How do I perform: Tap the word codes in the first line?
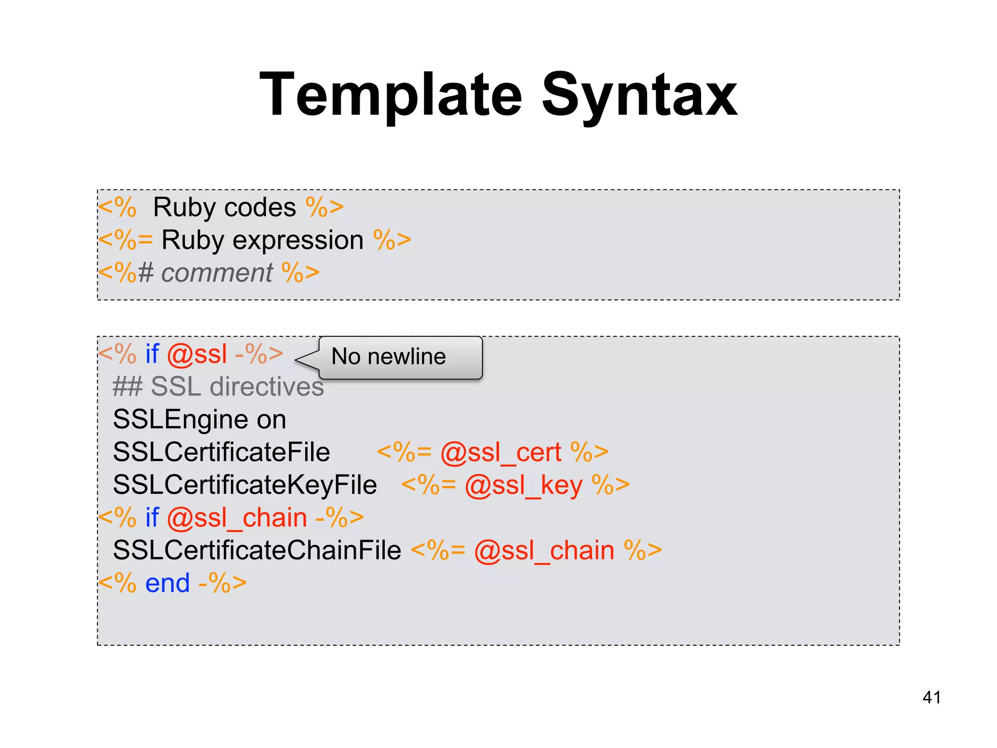pyautogui.click(x=260, y=207)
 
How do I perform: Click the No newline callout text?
pyautogui.click(x=388, y=356)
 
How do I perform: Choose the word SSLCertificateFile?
pyautogui.click(x=222, y=452)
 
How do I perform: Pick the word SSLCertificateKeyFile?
pyautogui.click(x=245, y=485)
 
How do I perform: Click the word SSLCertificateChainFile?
pyautogui.click(x=257, y=550)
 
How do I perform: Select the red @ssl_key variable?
pyautogui.click(x=523, y=486)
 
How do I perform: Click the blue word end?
pyautogui.click(x=167, y=583)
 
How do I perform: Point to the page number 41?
pyautogui.click(x=931, y=697)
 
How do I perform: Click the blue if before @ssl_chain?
pyautogui.click(x=152, y=517)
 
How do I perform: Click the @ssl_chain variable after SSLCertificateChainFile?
pyautogui.click(x=544, y=551)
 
